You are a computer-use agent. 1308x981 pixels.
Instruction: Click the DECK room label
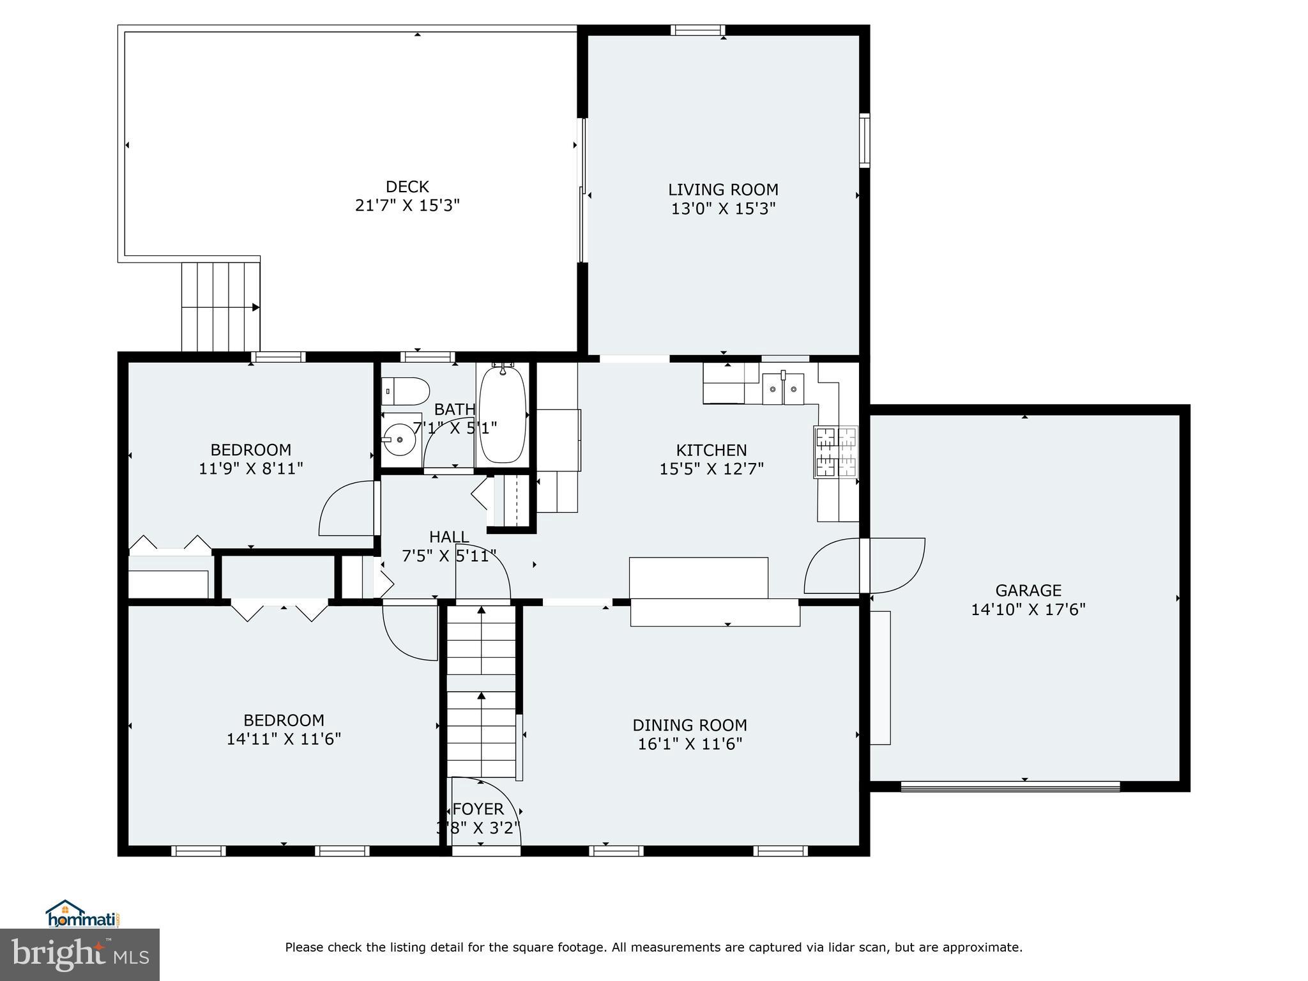tap(407, 187)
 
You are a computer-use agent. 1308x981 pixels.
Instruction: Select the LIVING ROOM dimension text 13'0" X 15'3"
tap(723, 209)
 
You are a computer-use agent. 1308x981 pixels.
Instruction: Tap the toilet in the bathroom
tap(406, 391)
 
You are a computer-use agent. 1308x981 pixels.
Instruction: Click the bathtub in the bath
tap(503, 414)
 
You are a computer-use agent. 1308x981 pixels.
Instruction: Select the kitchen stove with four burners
tap(836, 452)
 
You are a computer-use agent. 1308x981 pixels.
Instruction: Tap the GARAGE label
tap(1028, 591)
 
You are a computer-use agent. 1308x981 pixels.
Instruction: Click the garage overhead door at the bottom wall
tap(1010, 786)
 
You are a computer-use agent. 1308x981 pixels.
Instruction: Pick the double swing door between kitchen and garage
tap(864, 566)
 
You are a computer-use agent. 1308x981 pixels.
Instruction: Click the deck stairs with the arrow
tap(220, 307)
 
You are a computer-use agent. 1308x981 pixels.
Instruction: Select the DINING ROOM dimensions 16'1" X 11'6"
tap(690, 744)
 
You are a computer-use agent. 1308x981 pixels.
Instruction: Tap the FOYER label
tap(478, 809)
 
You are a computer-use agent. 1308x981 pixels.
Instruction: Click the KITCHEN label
tap(711, 450)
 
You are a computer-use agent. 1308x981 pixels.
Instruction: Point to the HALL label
tap(449, 537)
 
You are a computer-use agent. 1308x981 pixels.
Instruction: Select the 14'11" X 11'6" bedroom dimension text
tap(284, 739)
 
